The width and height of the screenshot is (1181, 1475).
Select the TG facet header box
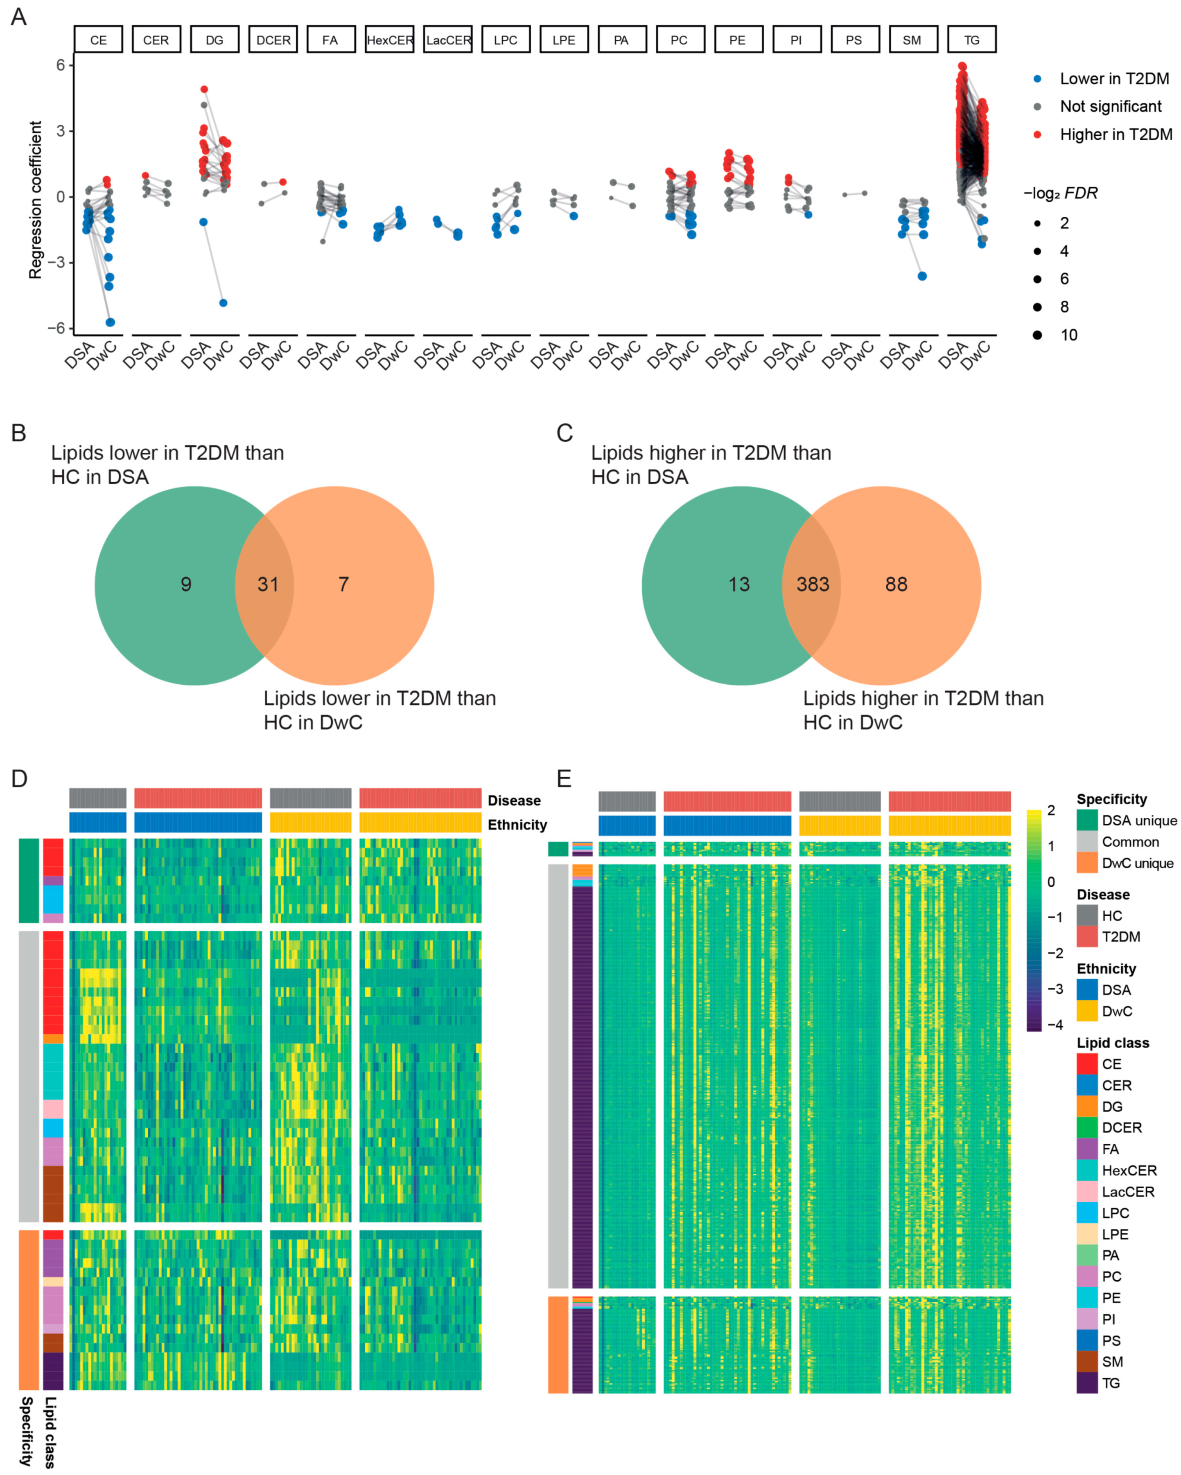(x=971, y=40)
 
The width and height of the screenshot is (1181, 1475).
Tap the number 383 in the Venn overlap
(x=812, y=584)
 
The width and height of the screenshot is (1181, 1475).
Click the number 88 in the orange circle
(x=896, y=584)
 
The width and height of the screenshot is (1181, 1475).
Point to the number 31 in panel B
(x=268, y=584)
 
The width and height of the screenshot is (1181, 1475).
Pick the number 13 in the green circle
(x=739, y=584)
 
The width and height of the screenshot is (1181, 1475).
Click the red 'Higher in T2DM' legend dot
(x=1037, y=135)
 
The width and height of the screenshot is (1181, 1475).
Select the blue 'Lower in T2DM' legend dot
(x=1037, y=79)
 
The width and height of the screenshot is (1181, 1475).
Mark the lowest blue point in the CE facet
(x=110, y=322)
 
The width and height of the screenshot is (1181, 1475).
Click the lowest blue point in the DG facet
(x=223, y=303)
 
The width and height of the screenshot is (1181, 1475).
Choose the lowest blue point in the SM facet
(x=922, y=277)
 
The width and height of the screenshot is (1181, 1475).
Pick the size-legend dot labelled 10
(x=1037, y=335)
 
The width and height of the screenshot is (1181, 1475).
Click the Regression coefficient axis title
(x=35, y=200)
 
